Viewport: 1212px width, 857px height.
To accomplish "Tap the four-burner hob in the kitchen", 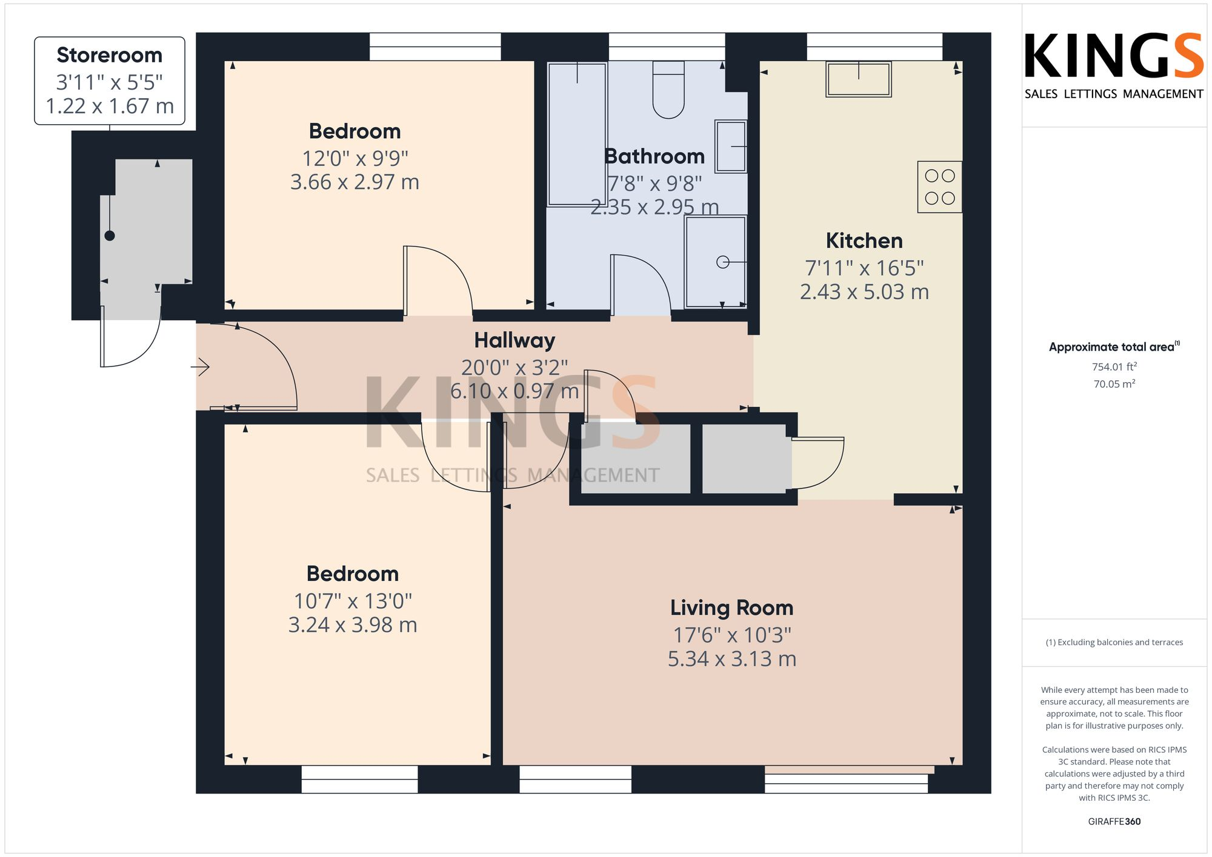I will point(939,187).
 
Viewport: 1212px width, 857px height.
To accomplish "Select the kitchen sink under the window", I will point(858,79).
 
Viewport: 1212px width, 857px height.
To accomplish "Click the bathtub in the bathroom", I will point(577,134).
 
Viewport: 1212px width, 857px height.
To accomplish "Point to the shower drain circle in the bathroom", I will point(722,262).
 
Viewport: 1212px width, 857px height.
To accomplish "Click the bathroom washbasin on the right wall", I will point(731,147).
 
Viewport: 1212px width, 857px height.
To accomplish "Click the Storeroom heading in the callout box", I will point(110,55).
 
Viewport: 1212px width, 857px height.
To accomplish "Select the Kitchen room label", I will point(864,240).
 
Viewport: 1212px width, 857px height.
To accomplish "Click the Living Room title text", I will point(731,607).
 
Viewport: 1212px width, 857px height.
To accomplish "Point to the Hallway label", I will point(514,340).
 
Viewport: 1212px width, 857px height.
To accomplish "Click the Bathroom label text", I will point(654,156).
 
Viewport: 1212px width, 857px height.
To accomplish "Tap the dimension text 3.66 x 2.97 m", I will point(355,182).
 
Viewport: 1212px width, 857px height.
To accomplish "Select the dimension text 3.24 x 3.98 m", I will point(353,624).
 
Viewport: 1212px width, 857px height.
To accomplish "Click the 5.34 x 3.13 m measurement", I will point(731,658).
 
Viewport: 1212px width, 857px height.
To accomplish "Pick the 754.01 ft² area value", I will point(1114,366).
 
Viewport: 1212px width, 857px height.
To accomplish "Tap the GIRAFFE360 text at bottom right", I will point(1114,821).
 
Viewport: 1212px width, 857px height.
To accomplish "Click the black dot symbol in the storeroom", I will point(110,236).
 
